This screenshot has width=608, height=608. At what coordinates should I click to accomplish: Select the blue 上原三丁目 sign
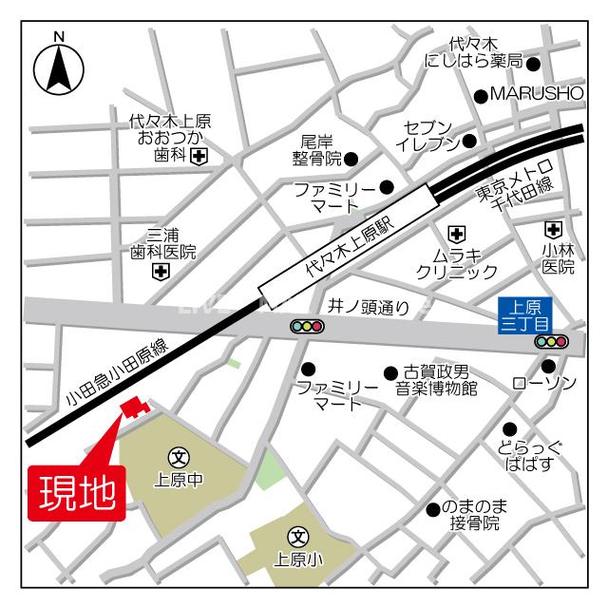[x=525, y=314]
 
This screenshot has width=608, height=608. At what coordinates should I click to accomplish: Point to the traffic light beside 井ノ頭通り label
[x=307, y=327]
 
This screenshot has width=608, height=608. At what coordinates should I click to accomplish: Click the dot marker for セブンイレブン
[x=468, y=142]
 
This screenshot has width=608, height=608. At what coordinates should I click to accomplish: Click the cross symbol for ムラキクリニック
[x=456, y=233]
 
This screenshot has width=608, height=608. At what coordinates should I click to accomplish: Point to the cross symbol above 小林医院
[x=553, y=229]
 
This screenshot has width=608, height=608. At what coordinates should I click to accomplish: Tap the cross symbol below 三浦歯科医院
[x=160, y=273]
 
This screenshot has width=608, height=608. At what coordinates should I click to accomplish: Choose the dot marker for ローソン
[x=548, y=366]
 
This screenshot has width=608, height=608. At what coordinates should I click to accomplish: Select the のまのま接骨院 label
[x=474, y=516]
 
